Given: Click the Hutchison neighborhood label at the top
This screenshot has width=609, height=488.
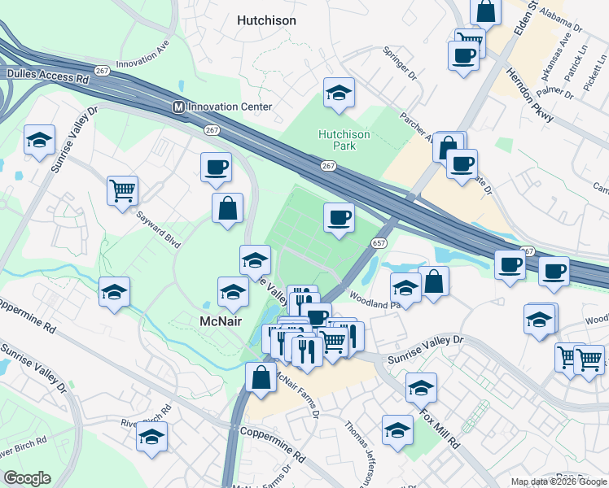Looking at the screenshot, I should coord(266,20).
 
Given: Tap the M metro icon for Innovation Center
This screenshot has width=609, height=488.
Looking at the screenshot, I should coord(178,107).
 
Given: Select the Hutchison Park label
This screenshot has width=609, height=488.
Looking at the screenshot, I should coord(344,141).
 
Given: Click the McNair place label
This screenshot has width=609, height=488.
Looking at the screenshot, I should coord(223,321).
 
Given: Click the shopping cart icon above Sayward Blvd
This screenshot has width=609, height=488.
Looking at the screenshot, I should coord(122,191).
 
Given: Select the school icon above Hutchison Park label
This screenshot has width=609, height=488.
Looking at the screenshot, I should coord(339,94).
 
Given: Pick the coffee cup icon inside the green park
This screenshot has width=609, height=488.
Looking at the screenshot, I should coord(339,217).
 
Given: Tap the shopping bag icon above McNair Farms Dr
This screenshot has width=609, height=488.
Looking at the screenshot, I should coord(261,377).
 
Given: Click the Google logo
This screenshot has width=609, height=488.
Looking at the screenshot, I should coord(27,478).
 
